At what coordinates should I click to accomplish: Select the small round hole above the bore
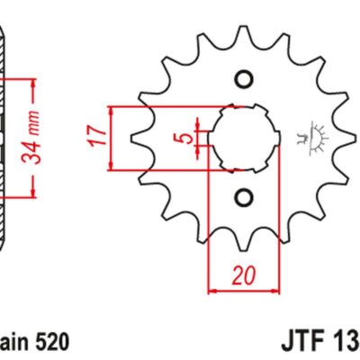point(241,79)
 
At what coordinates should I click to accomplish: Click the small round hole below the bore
point(241,196)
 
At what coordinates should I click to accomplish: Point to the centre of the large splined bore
point(241,138)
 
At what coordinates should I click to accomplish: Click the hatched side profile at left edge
point(4,135)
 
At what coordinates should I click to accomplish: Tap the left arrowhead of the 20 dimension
point(213,290)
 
